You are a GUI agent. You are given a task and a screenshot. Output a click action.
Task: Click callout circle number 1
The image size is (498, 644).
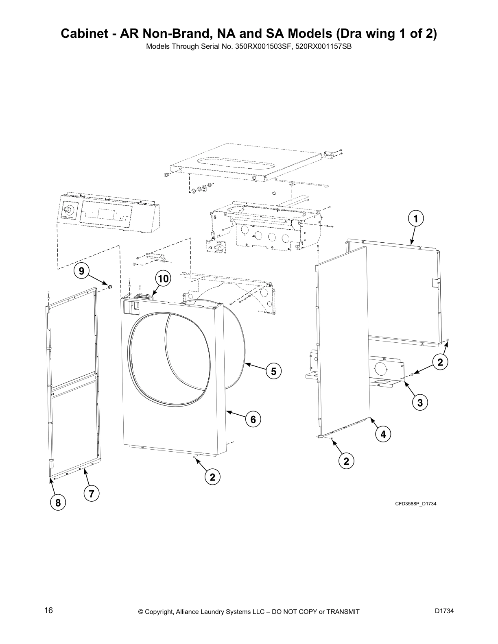click(415, 218)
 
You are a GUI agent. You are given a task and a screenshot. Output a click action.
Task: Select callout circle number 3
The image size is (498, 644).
click(419, 402)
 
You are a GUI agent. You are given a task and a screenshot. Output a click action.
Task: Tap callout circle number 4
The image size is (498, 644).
click(383, 435)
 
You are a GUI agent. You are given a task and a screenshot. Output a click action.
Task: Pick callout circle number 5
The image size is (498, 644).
click(273, 371)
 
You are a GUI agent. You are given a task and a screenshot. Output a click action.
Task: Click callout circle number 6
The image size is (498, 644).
click(253, 419)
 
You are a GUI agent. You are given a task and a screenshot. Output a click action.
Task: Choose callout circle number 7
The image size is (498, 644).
click(92, 494)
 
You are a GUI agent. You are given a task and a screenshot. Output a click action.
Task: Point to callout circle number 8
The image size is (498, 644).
click(58, 503)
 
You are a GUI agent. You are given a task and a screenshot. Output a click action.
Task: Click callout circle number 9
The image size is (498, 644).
click(82, 271)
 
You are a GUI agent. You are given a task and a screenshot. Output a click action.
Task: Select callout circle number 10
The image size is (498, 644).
click(163, 279)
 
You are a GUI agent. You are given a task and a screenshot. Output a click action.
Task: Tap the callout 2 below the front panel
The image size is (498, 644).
click(212, 477)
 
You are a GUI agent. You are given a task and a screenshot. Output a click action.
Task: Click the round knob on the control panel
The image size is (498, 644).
click(68, 210)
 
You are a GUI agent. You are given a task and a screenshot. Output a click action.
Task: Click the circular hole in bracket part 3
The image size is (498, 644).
click(380, 369)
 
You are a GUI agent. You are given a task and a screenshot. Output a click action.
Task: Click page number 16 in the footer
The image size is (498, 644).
click(49, 610)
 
